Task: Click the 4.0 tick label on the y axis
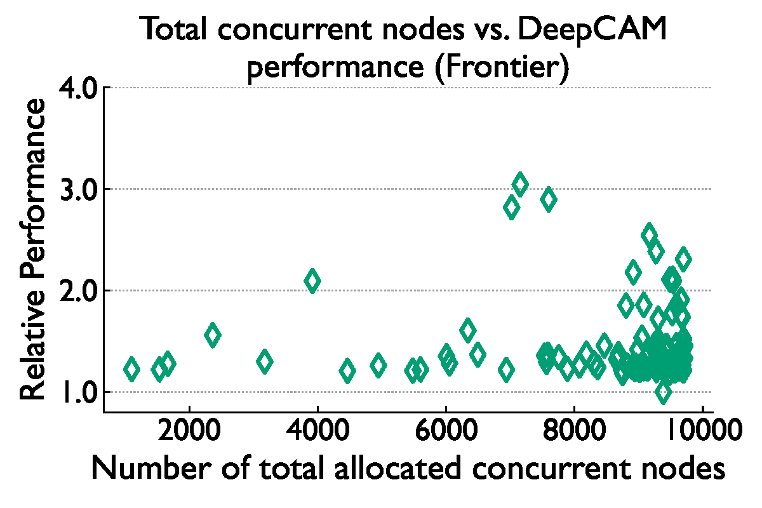coord(77,88)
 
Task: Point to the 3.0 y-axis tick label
coord(77,189)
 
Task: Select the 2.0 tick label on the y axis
coord(77,291)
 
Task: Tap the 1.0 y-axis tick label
coord(77,392)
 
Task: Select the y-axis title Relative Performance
coord(33,250)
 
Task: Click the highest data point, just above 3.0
coord(520,184)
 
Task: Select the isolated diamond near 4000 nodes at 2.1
coord(312,280)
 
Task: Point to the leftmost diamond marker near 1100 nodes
coord(131,369)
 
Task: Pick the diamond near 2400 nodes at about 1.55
coord(213,335)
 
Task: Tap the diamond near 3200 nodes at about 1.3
coord(265,361)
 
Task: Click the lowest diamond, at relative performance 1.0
coord(663,392)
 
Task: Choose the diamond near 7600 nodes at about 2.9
coord(548,199)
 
